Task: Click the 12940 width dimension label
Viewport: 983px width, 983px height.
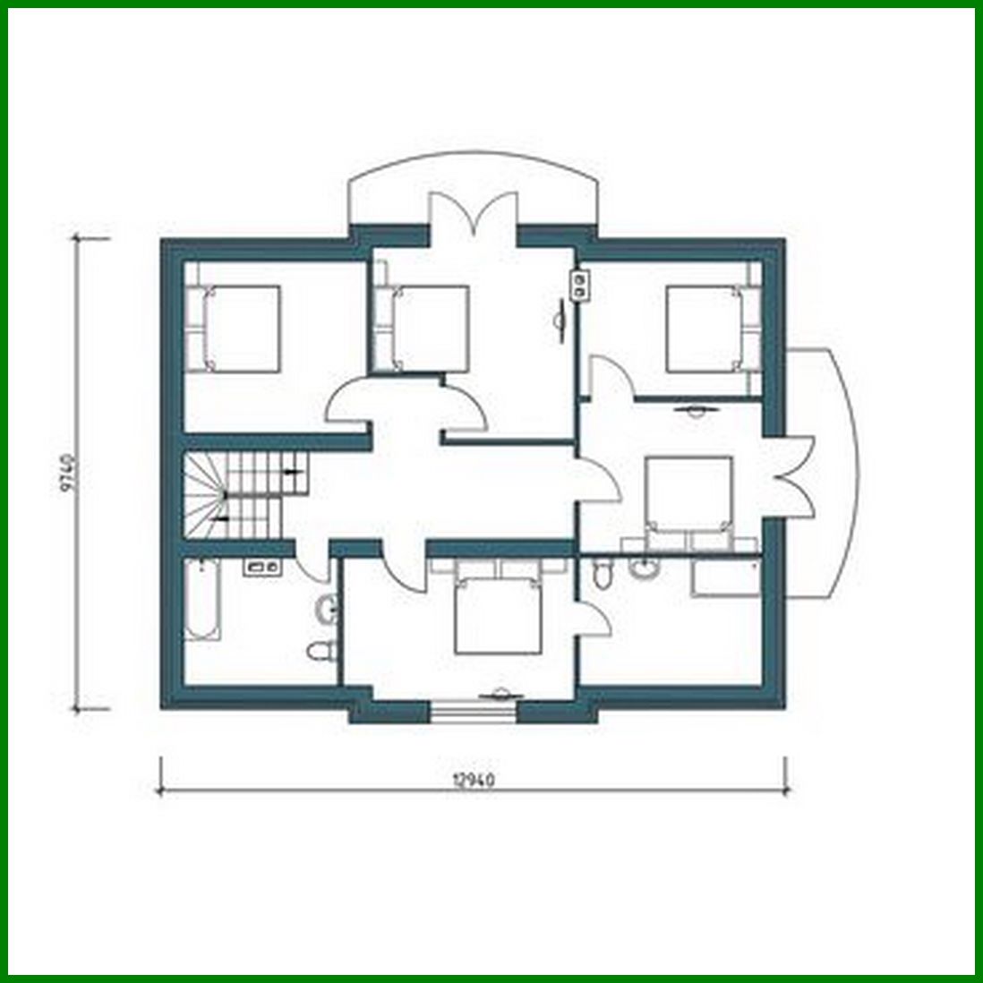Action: (474, 778)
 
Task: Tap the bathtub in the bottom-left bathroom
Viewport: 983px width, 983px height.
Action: (201, 599)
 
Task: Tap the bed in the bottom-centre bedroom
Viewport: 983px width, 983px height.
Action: (499, 613)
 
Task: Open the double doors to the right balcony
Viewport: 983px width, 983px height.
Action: (793, 477)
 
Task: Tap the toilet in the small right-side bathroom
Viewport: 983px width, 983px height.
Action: (603, 573)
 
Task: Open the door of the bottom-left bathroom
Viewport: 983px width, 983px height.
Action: (309, 566)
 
